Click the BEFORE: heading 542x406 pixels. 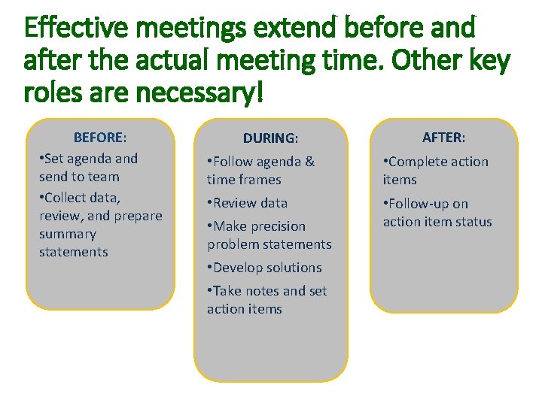[99, 138]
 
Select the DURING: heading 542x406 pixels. [270, 139]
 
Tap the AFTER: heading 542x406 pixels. [443, 138]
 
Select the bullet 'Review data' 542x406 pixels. [250, 203]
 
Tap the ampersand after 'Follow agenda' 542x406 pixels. [309, 162]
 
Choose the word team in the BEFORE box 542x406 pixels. [105, 177]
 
